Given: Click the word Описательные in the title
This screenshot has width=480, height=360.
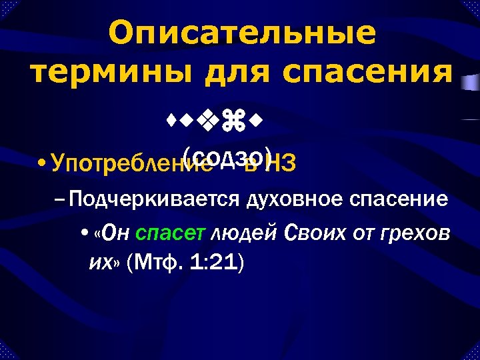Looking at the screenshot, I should click(x=242, y=33).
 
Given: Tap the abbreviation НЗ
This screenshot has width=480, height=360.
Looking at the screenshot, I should click(x=282, y=163).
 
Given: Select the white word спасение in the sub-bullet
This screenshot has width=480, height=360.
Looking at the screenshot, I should click(x=404, y=199).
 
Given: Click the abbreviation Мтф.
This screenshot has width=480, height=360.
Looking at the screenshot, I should click(x=155, y=262).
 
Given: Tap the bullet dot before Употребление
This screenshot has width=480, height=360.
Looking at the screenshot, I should click(x=42, y=163).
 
